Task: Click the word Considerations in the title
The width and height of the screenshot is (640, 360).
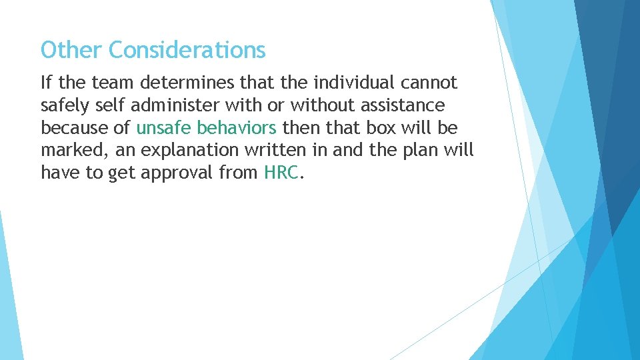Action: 187,50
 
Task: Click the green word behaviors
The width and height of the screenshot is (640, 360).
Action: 237,128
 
